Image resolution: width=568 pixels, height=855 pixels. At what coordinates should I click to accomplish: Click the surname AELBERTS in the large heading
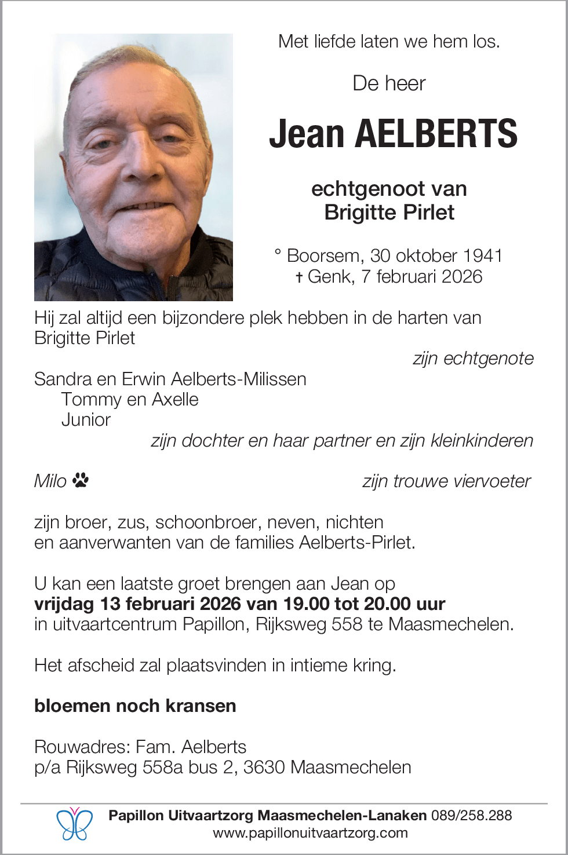click(435, 134)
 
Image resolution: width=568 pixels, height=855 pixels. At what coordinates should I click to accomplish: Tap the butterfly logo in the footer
click(74, 824)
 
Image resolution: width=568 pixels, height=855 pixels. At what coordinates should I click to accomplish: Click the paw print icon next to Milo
click(81, 480)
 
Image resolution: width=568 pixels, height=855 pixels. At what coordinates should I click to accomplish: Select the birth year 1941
click(483, 255)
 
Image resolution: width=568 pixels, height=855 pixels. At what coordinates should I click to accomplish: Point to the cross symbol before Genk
click(299, 277)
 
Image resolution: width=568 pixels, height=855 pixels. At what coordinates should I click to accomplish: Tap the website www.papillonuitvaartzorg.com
click(310, 833)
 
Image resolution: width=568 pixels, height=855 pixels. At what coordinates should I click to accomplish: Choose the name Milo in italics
click(50, 481)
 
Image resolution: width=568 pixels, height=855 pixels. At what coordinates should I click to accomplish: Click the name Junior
click(86, 419)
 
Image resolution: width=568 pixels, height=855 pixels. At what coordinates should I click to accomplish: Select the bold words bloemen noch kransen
click(135, 706)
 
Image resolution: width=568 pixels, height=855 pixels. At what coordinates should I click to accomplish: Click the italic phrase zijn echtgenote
click(473, 359)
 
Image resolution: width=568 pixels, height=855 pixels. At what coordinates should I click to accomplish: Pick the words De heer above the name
click(389, 83)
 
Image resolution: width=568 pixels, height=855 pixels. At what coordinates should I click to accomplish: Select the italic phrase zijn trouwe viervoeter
click(446, 481)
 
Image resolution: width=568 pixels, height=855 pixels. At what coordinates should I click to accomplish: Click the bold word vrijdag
click(64, 604)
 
